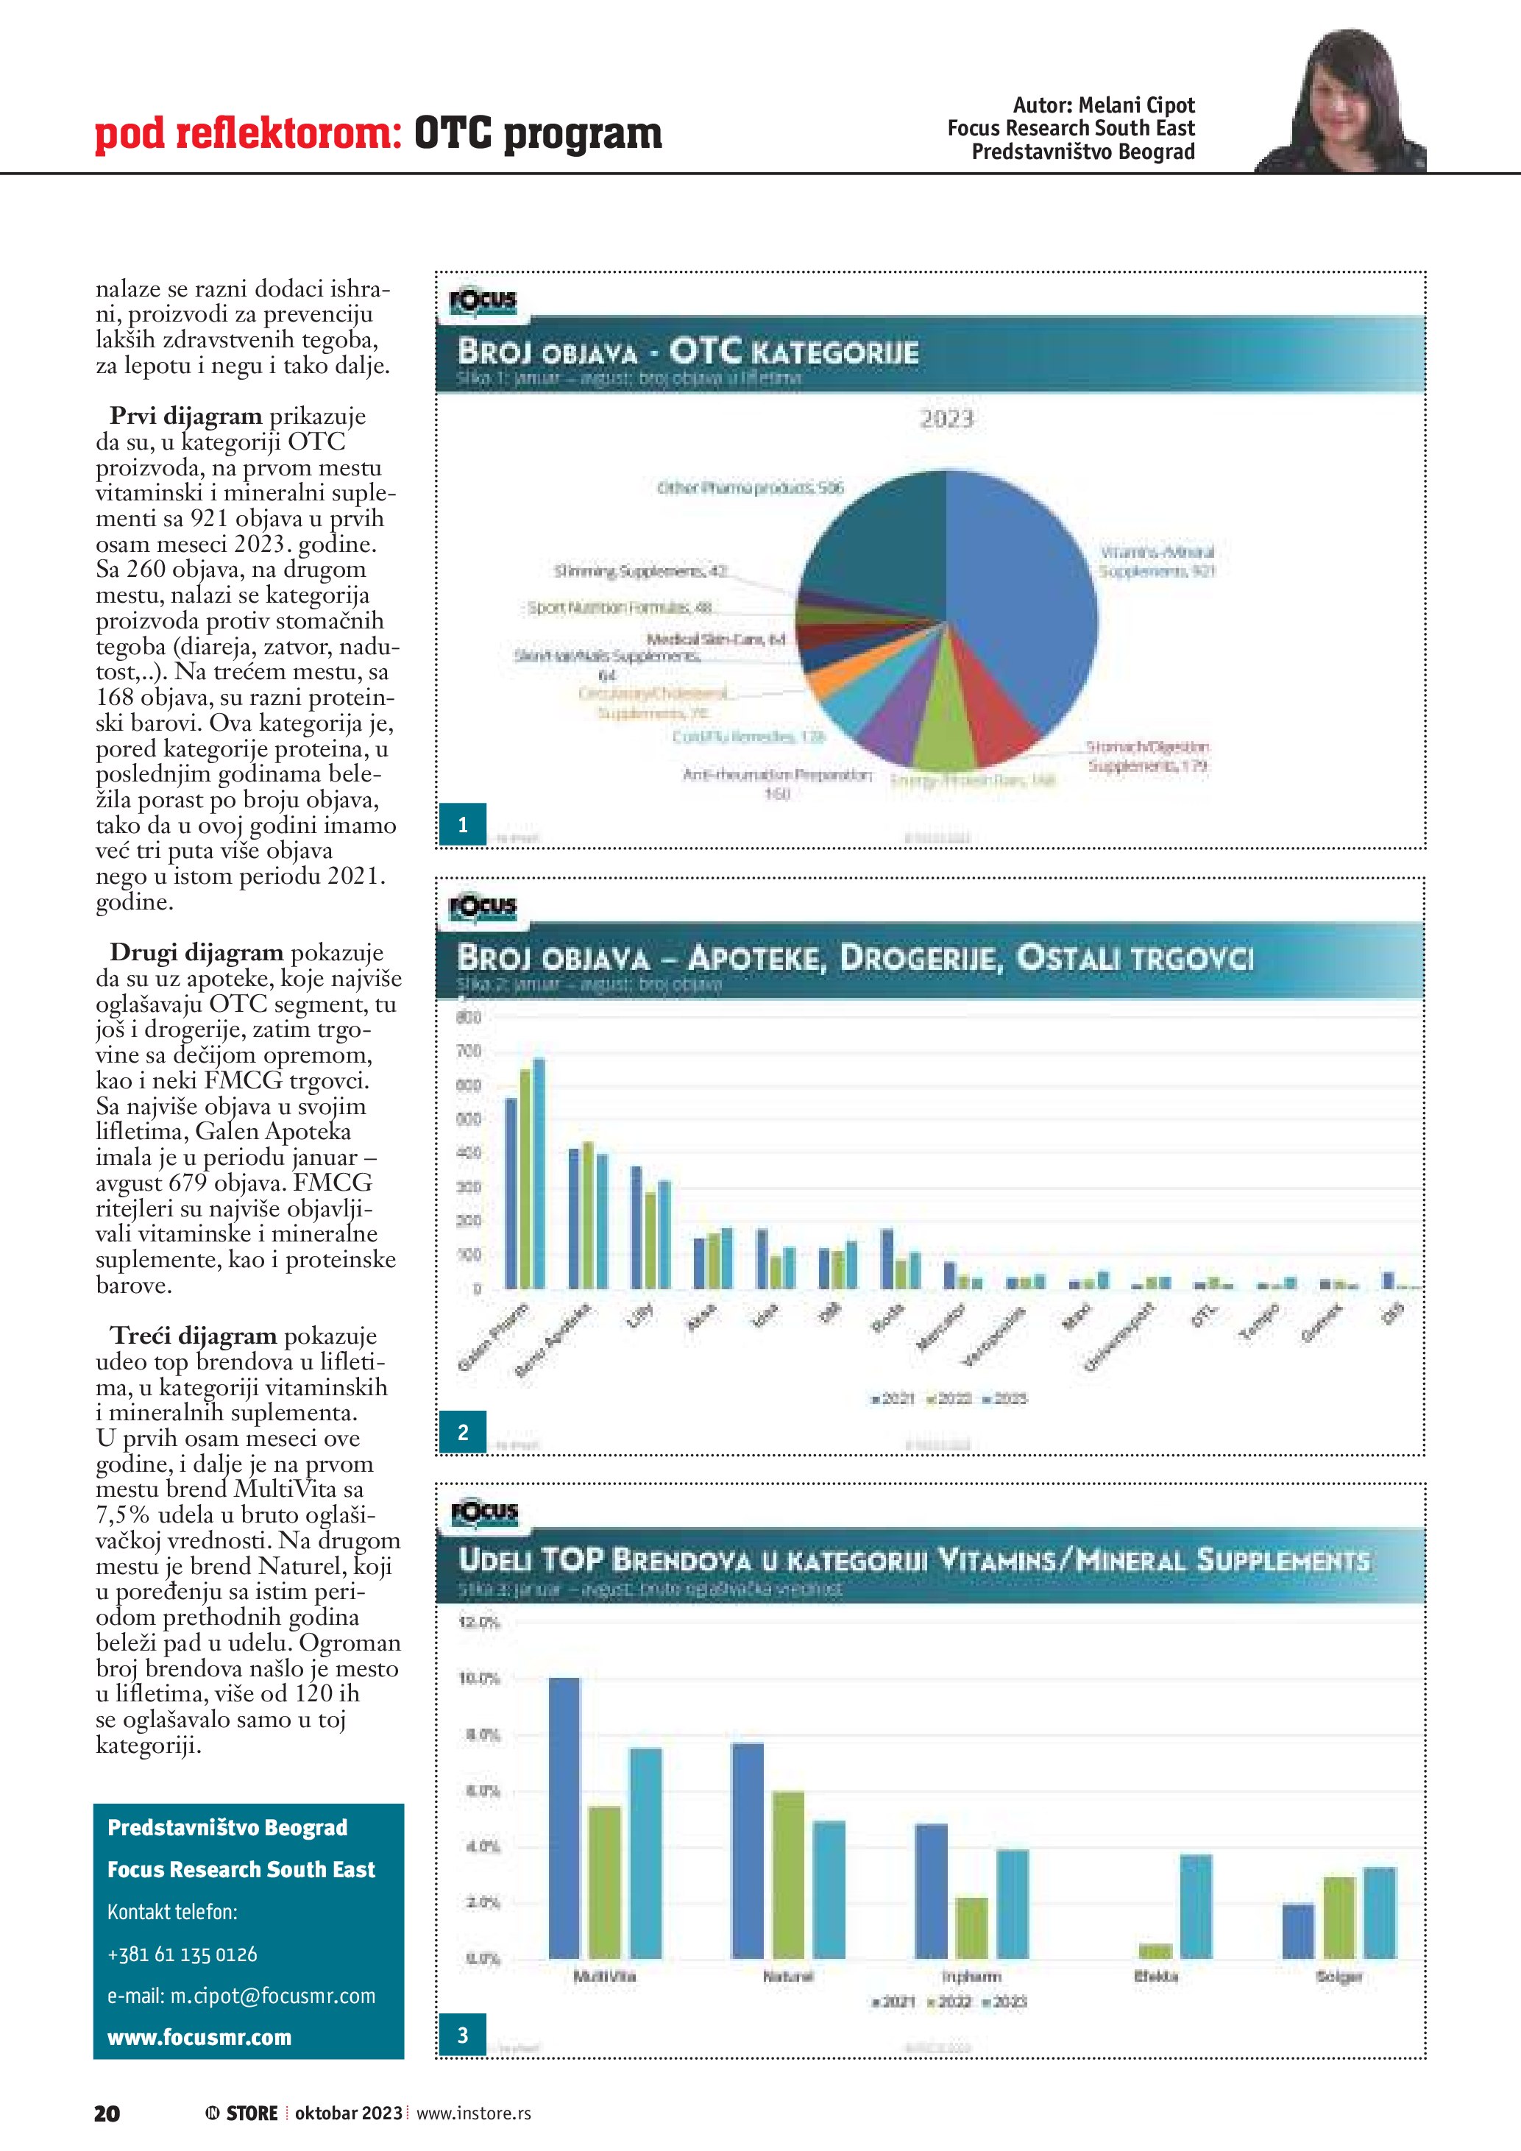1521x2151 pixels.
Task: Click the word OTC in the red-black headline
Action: click(x=453, y=134)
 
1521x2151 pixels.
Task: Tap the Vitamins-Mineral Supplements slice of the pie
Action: click(x=1030, y=600)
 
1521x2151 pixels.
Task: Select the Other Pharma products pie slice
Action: click(x=871, y=534)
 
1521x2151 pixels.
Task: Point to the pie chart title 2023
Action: click(x=946, y=419)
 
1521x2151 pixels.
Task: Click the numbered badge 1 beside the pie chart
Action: click(x=463, y=824)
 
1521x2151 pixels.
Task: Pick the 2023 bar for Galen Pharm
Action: click(x=539, y=1173)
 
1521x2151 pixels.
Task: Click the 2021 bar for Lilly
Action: click(x=636, y=1227)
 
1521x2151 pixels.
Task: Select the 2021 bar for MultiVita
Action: click(x=564, y=1818)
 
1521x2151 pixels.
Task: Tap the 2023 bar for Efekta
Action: click(x=1196, y=1907)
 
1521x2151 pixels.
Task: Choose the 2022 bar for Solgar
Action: click(x=1339, y=1918)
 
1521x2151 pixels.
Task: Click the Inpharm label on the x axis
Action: click(x=971, y=1976)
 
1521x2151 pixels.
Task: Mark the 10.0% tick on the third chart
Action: click(x=478, y=1679)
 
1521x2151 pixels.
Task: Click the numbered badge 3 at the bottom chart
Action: click(x=463, y=2035)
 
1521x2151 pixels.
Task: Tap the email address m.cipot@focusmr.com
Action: click(x=241, y=1996)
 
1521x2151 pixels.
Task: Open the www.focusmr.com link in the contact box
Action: click(x=199, y=2038)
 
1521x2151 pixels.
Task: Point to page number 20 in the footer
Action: click(x=107, y=2113)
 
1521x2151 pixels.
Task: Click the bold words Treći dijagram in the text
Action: click(x=193, y=1336)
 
